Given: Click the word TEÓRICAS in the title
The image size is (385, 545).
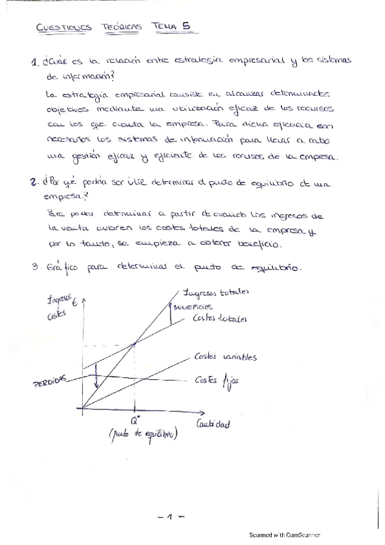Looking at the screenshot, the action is point(121,27).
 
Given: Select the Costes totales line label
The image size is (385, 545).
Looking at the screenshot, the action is point(220,319).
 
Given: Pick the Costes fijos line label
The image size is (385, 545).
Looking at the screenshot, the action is point(217,380).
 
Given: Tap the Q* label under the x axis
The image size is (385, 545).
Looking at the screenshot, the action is point(135,421).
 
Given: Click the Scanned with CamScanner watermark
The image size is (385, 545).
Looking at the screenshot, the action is point(285,535).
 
